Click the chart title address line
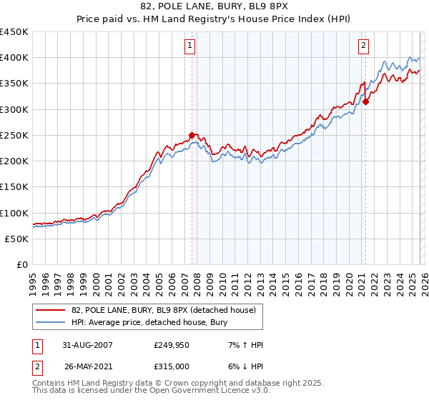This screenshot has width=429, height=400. (x=214, y=7)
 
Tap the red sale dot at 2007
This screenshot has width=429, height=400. (x=192, y=135)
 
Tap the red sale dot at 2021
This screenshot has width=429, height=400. (x=365, y=101)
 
